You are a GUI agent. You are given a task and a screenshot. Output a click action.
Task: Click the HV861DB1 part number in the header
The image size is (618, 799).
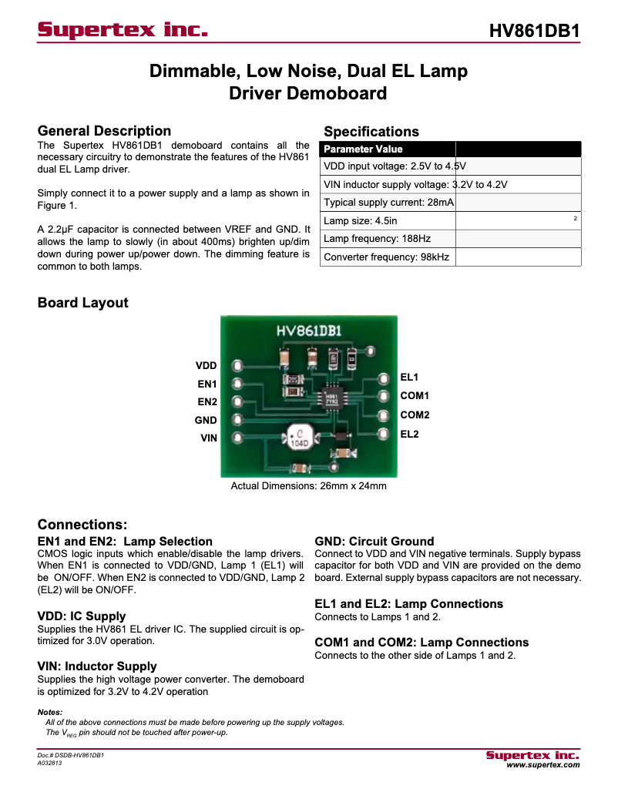click(534, 31)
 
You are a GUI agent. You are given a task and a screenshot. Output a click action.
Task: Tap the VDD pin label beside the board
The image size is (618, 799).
click(206, 365)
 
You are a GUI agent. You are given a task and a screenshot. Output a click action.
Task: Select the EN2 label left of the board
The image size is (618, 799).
click(207, 402)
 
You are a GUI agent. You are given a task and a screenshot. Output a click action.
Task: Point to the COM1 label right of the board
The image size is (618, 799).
click(415, 396)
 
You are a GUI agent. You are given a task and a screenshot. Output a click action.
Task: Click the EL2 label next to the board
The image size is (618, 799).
click(409, 435)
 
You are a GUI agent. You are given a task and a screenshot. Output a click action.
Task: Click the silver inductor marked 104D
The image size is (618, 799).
click(298, 437)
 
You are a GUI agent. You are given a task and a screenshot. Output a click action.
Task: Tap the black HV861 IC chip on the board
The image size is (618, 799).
click(332, 399)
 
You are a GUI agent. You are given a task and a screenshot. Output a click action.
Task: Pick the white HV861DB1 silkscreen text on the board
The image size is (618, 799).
click(310, 331)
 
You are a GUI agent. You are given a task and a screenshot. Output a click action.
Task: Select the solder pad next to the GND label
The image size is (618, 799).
click(237, 420)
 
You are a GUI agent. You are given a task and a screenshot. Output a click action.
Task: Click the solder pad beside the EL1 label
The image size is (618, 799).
click(383, 378)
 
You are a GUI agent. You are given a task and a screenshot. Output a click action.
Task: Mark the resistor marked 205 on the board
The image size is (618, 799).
click(294, 379)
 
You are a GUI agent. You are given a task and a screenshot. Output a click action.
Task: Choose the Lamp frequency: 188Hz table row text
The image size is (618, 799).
click(377, 239)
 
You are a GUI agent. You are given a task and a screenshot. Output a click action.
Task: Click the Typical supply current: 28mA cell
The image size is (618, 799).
click(388, 203)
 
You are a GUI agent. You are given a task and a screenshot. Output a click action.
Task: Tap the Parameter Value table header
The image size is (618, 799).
click(363, 149)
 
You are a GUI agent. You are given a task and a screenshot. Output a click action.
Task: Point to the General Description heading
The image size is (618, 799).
click(104, 131)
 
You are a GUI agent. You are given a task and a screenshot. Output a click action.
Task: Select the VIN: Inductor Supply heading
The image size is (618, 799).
click(97, 666)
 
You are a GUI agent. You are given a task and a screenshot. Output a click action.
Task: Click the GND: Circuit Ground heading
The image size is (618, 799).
click(374, 542)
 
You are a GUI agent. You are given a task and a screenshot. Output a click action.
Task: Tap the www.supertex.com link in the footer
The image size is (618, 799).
click(542, 765)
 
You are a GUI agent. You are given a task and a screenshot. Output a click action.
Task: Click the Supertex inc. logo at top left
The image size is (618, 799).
click(123, 31)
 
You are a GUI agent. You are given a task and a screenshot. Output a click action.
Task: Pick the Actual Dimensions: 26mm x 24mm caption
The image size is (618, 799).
click(309, 487)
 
